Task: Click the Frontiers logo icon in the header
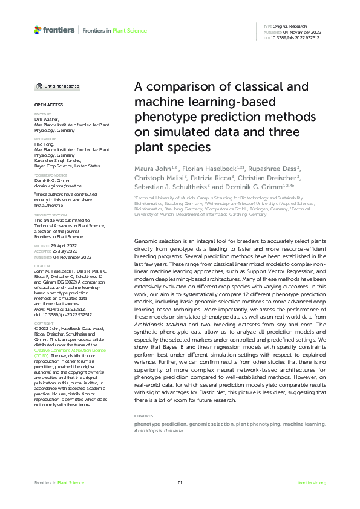coord(38,30)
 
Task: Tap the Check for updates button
coord(57,86)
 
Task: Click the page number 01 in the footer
coord(180,482)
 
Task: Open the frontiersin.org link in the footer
coord(312,482)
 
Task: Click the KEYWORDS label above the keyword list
coord(143,417)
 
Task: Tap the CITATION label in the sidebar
coord(42,264)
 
